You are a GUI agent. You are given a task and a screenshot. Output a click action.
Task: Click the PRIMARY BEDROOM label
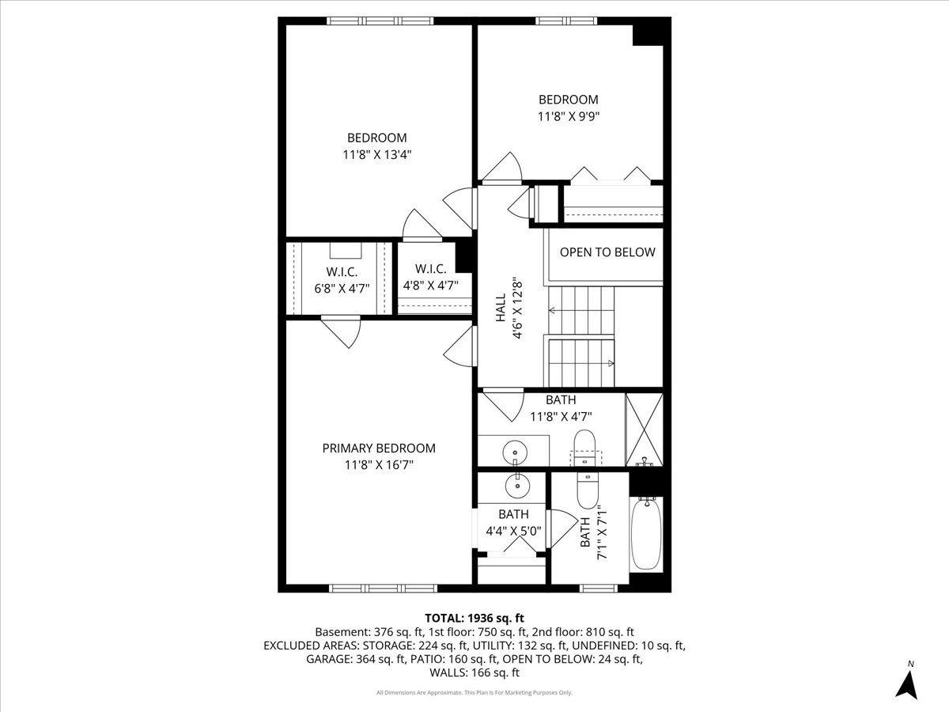378,448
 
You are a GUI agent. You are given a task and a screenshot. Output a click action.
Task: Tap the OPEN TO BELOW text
607,252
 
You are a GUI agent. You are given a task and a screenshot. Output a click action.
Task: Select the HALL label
501,315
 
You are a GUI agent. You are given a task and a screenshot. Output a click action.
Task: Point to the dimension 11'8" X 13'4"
377,154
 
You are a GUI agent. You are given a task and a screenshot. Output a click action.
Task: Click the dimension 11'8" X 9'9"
568,116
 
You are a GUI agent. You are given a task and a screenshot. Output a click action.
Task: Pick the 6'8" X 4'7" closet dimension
341,288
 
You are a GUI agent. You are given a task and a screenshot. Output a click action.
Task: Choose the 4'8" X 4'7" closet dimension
430,286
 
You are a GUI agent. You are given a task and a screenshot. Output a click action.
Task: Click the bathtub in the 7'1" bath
646,532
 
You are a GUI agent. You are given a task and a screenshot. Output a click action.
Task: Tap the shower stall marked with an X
644,429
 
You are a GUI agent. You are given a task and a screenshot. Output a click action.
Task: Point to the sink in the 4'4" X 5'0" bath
516,485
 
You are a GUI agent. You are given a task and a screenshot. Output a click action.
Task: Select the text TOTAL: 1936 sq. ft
475,617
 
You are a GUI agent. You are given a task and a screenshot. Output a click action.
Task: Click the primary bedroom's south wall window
376,588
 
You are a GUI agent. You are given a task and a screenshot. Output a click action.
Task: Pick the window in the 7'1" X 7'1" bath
599,588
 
